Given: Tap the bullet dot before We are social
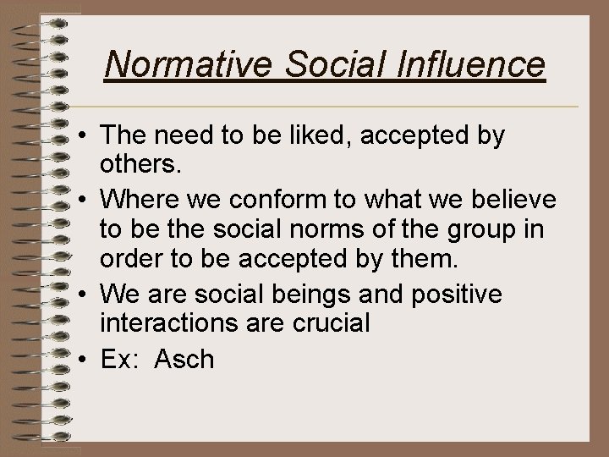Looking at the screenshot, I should (x=86, y=295).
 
